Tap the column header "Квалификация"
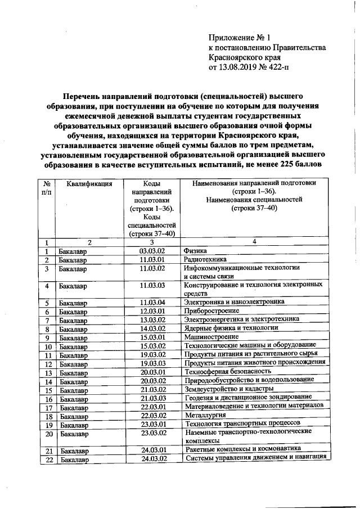(89, 183)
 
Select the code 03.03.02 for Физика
(152, 250)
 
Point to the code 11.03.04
(152, 303)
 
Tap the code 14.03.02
(152, 328)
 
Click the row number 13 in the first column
(48, 372)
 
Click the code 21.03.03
(152, 398)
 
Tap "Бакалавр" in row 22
(73, 460)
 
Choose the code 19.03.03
(152, 363)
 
